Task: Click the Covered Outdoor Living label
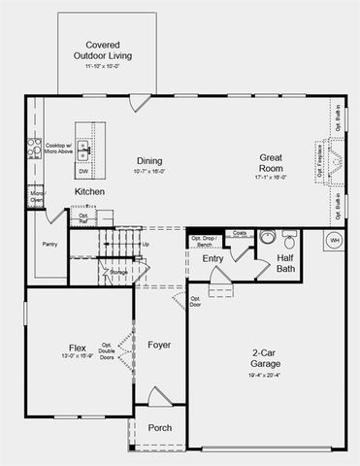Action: (110, 50)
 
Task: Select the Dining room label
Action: (148, 161)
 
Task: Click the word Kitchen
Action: (90, 192)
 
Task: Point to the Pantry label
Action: (49, 244)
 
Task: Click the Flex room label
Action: (77, 348)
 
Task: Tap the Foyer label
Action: (159, 345)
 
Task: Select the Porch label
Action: (159, 428)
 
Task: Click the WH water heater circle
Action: (335, 240)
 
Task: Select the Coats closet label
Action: (239, 233)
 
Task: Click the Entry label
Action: (213, 259)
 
